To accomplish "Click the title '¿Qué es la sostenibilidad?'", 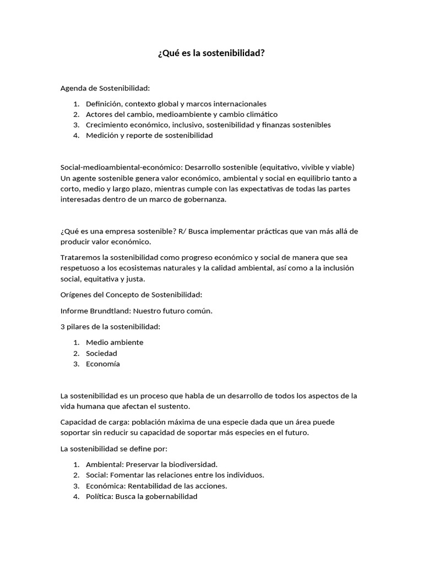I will coord(211,53).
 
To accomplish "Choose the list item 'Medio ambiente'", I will coord(115,342).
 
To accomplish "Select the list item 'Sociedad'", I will coord(101,353).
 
